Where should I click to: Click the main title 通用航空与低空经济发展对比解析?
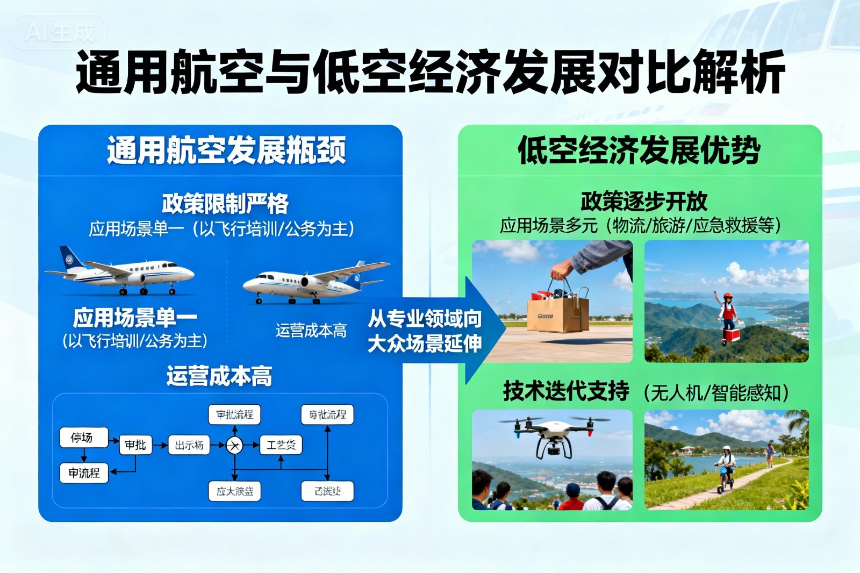pyautogui.click(x=430, y=71)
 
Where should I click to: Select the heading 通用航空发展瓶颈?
pyautogui.click(x=226, y=150)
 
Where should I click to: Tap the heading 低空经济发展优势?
pyautogui.click(x=639, y=150)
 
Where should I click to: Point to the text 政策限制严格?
pyautogui.click(x=225, y=203)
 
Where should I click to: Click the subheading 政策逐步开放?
pyautogui.click(x=643, y=202)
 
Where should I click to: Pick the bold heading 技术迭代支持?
pyautogui.click(x=566, y=391)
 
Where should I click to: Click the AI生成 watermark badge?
pyautogui.click(x=60, y=32)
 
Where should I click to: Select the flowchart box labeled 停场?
pyautogui.click(x=83, y=438)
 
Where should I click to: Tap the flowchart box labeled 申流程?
pyautogui.click(x=84, y=473)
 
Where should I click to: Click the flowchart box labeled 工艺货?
pyautogui.click(x=281, y=445)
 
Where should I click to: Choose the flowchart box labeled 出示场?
pyautogui.click(x=189, y=445)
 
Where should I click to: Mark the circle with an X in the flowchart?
pyautogui.click(x=234, y=445)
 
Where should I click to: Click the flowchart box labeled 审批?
pyautogui.click(x=135, y=445)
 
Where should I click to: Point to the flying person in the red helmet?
pyautogui.click(x=728, y=314)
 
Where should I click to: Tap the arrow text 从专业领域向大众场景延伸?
pyautogui.click(x=425, y=331)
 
